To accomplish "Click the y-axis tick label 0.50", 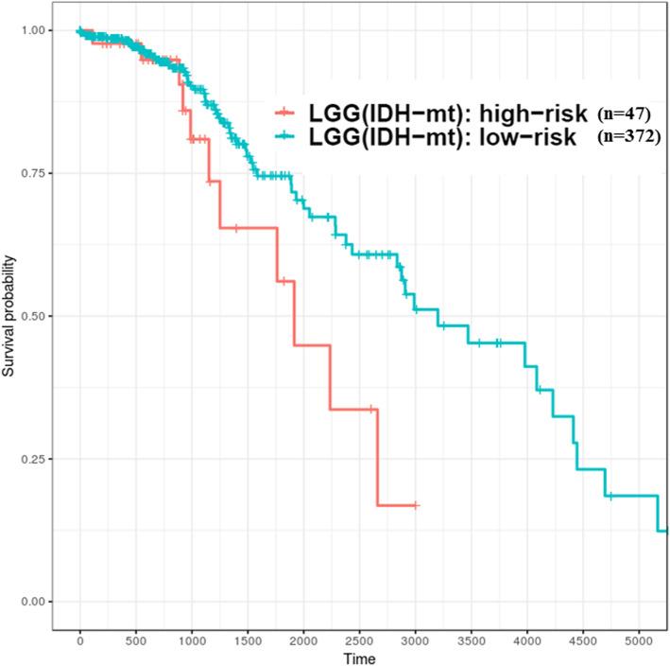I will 35,316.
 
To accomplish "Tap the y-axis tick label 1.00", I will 35,30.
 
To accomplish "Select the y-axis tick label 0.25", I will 35,459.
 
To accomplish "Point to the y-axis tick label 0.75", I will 35,173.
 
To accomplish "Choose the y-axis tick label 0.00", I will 35,602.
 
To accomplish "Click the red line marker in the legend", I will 291,113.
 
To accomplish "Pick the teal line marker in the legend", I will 291,137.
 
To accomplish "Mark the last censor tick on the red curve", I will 415,505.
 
